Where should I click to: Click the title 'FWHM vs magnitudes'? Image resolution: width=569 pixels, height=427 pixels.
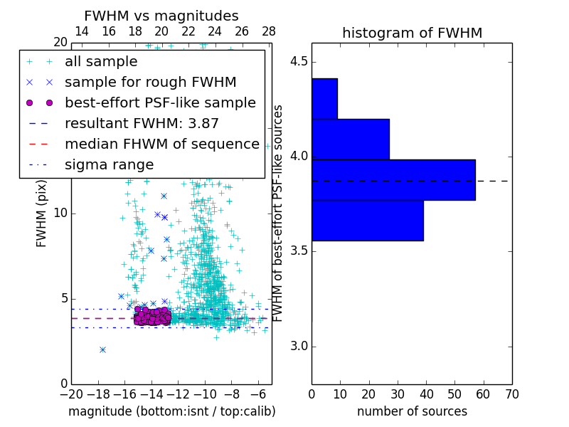161,16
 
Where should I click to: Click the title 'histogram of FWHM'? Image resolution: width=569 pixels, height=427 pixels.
412,33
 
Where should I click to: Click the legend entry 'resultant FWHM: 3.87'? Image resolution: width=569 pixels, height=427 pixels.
142,123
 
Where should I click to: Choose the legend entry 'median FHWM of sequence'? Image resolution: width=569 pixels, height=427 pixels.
162,144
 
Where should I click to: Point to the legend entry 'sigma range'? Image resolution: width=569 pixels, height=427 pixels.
109,164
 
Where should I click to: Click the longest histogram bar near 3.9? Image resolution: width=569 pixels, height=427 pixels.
393,180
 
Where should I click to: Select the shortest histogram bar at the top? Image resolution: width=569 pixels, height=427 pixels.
324,98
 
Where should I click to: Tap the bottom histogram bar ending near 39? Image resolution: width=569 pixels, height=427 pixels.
367,221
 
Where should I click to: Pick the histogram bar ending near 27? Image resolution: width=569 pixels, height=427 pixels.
350,139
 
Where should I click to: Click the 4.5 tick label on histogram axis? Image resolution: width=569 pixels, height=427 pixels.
297,61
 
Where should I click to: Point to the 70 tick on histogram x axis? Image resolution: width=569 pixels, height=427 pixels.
511,394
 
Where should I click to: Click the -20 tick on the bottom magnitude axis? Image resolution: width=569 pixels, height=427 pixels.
71,394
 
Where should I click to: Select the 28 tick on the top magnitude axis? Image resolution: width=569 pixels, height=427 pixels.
269,31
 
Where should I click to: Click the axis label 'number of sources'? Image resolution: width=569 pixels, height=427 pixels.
412,411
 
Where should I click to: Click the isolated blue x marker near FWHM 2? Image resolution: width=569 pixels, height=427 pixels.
102,349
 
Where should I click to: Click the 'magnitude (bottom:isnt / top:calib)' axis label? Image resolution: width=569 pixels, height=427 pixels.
171,411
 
